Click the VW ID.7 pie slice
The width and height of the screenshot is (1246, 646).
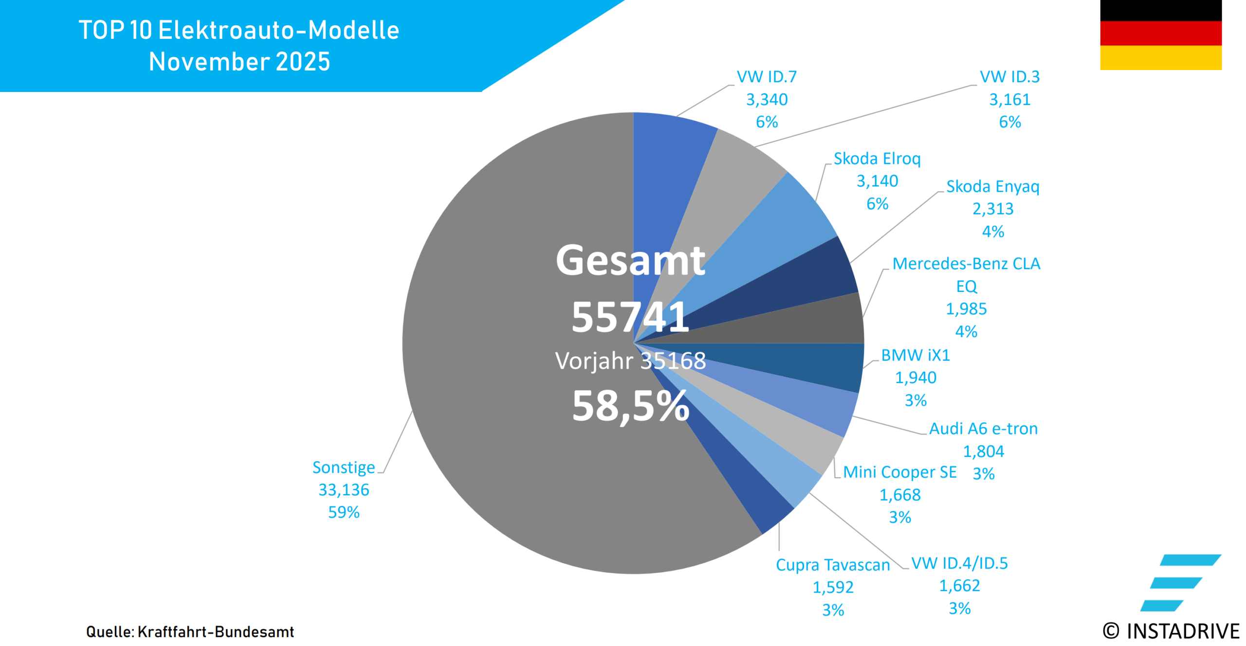[672, 161]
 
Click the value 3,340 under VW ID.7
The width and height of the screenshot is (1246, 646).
[767, 99]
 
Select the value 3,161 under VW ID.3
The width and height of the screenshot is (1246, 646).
[1009, 99]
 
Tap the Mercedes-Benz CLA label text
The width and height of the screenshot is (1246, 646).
[966, 264]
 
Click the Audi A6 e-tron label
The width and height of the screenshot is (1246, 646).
[983, 429]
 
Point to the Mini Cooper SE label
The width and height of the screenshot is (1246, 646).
[899, 472]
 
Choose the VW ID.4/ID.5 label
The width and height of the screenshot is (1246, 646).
[959, 563]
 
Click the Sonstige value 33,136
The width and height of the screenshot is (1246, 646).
[344, 489]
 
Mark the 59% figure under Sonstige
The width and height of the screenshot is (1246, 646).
[344, 512]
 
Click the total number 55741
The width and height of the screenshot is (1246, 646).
[630, 317]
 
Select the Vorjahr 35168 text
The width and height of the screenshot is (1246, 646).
[630, 361]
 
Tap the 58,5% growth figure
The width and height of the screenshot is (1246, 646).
[630, 406]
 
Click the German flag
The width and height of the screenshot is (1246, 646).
[1160, 35]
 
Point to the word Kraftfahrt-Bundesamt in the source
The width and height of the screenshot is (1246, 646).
[216, 631]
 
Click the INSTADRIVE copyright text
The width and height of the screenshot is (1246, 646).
[1171, 631]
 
